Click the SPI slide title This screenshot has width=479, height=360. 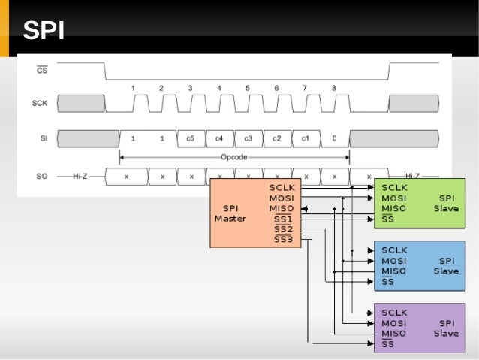pyautogui.click(x=43, y=31)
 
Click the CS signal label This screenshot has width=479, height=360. pyautogui.click(x=42, y=70)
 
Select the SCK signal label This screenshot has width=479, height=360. pyautogui.click(x=41, y=103)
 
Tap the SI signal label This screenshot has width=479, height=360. pyautogui.click(x=43, y=138)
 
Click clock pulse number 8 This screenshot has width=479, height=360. pyautogui.click(x=334, y=88)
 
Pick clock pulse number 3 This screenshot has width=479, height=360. pyautogui.click(x=190, y=88)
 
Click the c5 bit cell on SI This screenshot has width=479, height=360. pyautogui.click(x=191, y=138)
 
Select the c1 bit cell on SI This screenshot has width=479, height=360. pyautogui.click(x=306, y=138)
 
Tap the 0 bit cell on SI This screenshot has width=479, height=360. pyautogui.click(x=334, y=138)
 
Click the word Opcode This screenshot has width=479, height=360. pyautogui.click(x=233, y=157)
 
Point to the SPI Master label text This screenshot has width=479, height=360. pyautogui.click(x=230, y=213)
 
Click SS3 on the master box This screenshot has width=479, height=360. pyautogui.click(x=283, y=240)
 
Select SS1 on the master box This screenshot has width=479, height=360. pyautogui.click(x=283, y=219)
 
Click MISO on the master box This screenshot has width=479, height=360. pyautogui.click(x=282, y=208)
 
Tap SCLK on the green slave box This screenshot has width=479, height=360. pyautogui.click(x=394, y=187)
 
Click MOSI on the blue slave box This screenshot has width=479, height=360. pyautogui.click(x=394, y=261)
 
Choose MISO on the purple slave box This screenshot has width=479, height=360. pyautogui.click(x=394, y=334)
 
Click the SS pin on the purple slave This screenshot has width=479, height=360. pyautogui.click(x=387, y=344)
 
